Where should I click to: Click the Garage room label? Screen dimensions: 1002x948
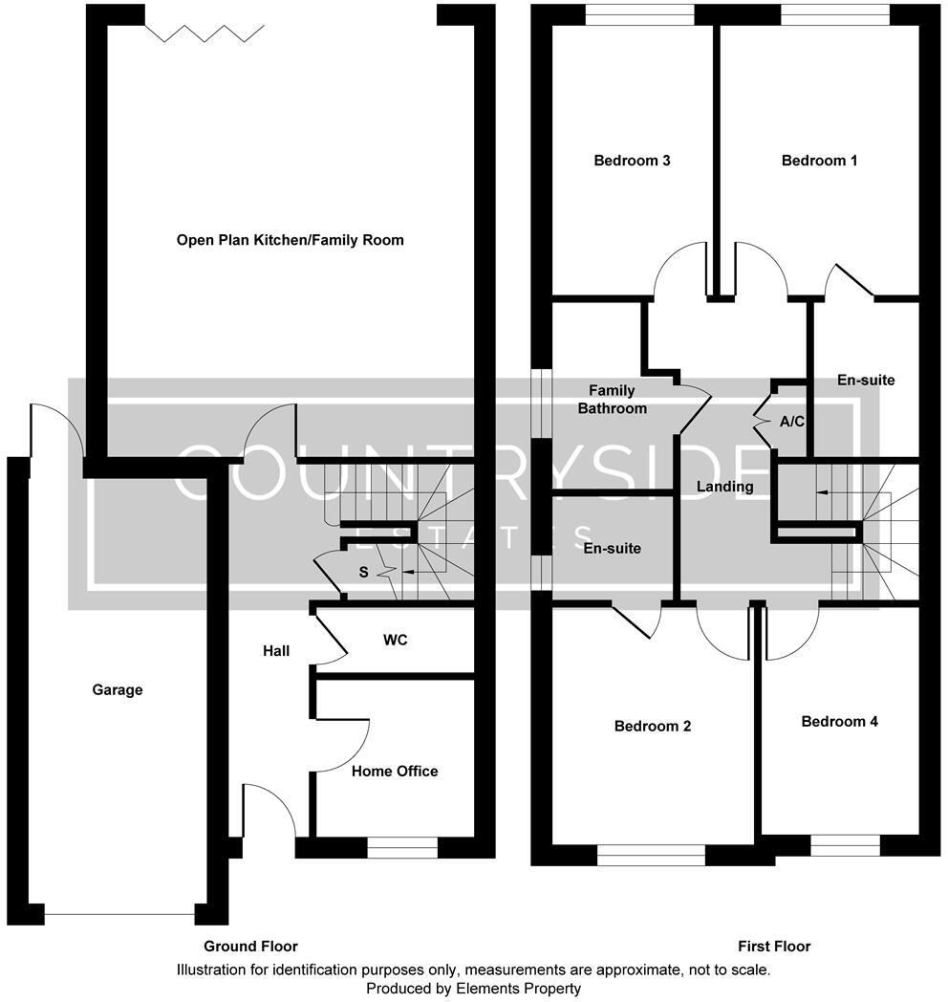click(118, 689)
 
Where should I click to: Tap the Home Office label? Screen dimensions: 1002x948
click(395, 771)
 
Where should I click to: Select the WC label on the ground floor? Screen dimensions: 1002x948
click(395, 640)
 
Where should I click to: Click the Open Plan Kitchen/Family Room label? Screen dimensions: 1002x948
click(291, 240)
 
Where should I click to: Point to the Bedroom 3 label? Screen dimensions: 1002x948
click(632, 161)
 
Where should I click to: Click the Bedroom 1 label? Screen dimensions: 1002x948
click(819, 161)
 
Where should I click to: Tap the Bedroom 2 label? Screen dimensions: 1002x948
click(653, 726)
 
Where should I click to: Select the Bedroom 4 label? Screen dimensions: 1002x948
click(839, 721)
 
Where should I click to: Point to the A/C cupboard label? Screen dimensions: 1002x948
click(791, 421)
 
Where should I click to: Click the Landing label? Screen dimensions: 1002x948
click(724, 487)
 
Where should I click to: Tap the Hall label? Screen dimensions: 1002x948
click(276, 651)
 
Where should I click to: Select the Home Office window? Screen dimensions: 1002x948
click(402, 847)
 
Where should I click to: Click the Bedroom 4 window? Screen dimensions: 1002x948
click(845, 845)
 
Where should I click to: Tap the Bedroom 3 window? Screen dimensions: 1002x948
click(639, 13)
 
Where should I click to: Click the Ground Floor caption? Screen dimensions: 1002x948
click(250, 947)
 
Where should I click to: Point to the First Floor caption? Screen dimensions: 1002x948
click(774, 947)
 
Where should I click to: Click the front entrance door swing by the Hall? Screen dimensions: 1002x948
click(269, 809)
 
